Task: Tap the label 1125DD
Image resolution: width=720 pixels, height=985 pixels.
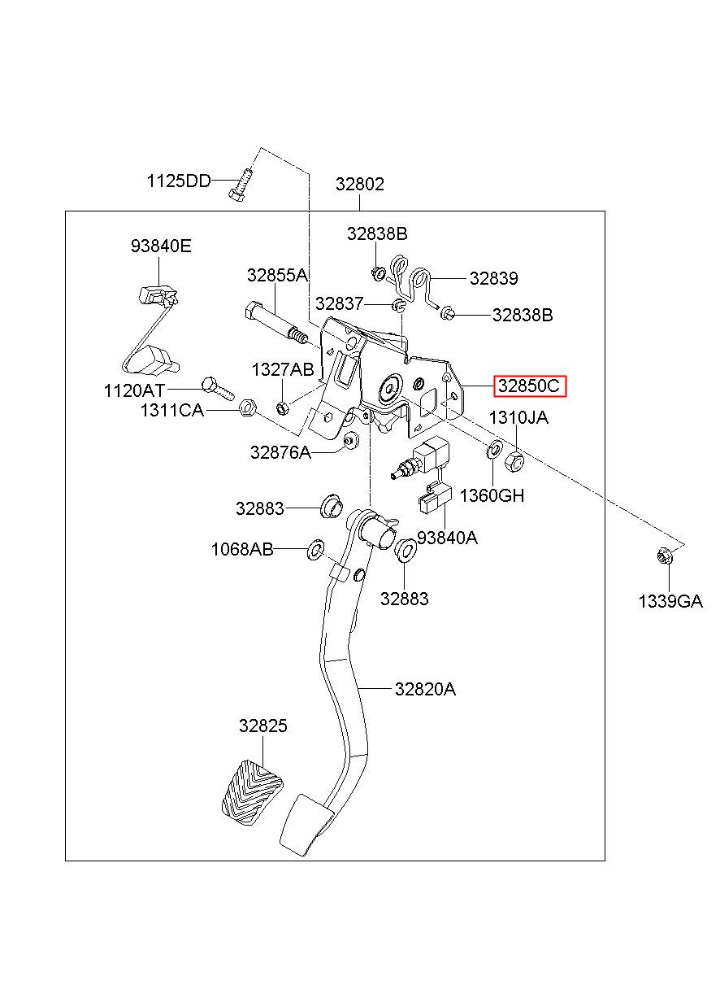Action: (179, 181)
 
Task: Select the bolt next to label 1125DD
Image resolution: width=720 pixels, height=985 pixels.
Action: (241, 185)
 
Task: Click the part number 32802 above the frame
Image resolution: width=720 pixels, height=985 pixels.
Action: (360, 184)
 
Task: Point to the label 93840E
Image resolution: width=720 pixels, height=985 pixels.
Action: (161, 246)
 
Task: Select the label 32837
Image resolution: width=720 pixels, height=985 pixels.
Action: (340, 303)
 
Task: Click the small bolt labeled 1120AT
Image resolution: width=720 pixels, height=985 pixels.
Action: (218, 389)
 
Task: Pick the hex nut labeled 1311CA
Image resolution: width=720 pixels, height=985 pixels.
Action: (247, 408)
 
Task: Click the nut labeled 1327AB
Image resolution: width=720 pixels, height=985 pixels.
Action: (282, 408)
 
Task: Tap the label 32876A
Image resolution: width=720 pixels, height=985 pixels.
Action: (280, 451)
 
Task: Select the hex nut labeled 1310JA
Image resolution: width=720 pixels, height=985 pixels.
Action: (514, 461)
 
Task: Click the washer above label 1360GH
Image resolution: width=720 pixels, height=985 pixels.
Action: (494, 449)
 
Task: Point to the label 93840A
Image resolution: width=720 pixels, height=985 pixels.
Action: (447, 538)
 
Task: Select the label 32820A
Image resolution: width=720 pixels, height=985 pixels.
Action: (425, 689)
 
